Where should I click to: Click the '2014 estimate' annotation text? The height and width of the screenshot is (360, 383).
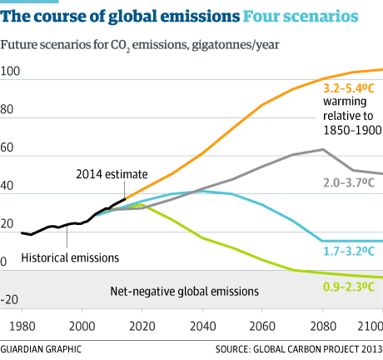click(112, 174)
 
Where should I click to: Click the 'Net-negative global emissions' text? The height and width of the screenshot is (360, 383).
click(184, 292)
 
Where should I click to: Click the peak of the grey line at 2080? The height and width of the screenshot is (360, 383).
click(323, 150)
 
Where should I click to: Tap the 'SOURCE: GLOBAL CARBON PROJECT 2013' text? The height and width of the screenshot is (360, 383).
click(298, 347)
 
